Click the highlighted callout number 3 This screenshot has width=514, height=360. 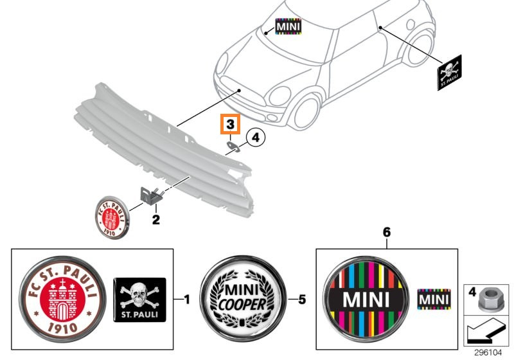[x=231, y=124]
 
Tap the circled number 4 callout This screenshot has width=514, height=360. [x=255, y=138]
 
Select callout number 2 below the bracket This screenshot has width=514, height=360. [x=155, y=219]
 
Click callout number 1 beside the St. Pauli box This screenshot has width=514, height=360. [x=186, y=300]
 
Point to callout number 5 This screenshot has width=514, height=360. [x=301, y=300]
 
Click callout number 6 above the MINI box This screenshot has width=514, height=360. [x=387, y=233]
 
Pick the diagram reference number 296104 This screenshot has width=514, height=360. [x=488, y=353]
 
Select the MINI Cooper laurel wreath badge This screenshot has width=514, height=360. [x=243, y=299]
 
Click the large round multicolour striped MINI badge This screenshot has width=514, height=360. [x=366, y=299]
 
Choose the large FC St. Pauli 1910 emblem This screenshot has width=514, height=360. [x=62, y=299]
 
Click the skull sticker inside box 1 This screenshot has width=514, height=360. [x=139, y=300]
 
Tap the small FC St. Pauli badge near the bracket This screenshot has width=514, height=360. [x=112, y=217]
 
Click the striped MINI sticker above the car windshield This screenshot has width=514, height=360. [x=288, y=26]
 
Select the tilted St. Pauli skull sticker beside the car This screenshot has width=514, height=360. [x=449, y=73]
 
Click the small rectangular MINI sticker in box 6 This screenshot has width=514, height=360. [x=434, y=300]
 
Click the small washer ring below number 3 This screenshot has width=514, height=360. [x=233, y=147]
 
